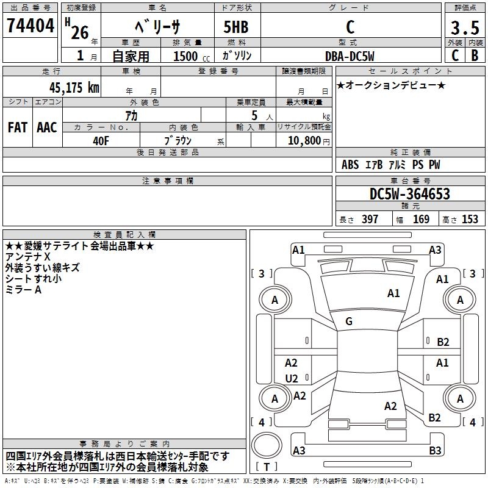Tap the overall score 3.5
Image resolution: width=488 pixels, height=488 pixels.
click(464, 27)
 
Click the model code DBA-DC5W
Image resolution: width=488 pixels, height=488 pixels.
click(350, 56)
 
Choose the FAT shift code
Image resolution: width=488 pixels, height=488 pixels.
click(18, 127)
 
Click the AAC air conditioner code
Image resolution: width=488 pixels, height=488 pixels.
click(47, 127)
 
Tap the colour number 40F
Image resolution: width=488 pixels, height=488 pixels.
click(101, 140)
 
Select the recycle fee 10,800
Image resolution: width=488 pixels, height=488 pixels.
click(303, 140)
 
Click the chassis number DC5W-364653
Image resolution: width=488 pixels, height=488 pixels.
click(409, 195)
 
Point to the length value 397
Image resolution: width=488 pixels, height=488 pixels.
click(370, 220)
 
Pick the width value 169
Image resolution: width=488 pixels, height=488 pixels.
click(421, 220)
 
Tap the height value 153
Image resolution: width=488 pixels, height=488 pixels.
click(470, 220)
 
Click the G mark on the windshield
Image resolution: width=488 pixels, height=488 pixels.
click(349, 321)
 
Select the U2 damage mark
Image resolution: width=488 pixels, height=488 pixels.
click(292, 378)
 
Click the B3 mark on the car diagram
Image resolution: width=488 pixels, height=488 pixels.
click(435, 451)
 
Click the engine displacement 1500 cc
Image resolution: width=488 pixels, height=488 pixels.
click(190, 56)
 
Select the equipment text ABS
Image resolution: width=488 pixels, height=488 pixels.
click(350, 165)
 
